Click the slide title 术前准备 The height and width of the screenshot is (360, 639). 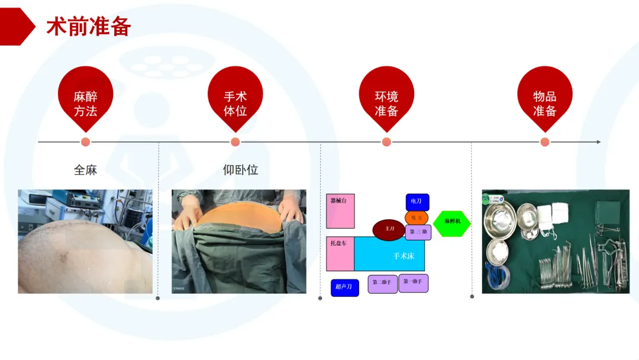[89, 27]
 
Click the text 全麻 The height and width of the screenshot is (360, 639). [85, 170]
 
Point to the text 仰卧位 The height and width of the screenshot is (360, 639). [240, 170]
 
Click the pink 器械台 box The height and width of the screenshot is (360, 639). [340, 211]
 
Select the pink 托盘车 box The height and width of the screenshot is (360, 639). [340, 255]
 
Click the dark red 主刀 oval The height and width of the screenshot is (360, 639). [389, 229]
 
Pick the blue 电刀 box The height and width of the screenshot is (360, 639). [417, 202]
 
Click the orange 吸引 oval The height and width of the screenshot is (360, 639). [417, 218]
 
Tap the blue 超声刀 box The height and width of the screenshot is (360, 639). [344, 287]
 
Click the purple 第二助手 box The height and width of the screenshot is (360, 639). [383, 284]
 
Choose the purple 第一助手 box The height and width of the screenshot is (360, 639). [413, 283]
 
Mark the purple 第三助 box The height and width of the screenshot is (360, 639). [418, 232]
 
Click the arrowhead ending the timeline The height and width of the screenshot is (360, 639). [598, 142]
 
